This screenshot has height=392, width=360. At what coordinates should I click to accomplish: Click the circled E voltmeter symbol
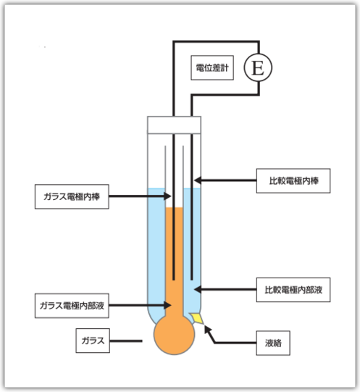click(x=258, y=67)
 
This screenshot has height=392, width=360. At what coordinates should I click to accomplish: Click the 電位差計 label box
click(x=212, y=67)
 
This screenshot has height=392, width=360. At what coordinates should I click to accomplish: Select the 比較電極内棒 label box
click(x=293, y=180)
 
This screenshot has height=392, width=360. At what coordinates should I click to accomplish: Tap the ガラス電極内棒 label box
click(x=72, y=196)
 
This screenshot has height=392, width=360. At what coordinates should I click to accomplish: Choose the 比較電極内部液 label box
click(x=293, y=290)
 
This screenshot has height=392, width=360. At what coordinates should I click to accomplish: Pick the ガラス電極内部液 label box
click(x=72, y=306)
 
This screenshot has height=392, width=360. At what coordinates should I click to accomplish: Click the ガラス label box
click(x=93, y=341)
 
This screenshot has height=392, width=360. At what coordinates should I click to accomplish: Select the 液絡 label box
click(x=273, y=343)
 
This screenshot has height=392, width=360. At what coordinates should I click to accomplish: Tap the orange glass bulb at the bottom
click(x=174, y=335)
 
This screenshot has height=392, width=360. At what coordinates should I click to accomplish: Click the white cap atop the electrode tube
click(x=174, y=125)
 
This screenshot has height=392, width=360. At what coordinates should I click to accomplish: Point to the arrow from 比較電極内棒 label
click(x=225, y=180)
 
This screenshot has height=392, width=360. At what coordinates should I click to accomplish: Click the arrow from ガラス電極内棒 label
click(x=140, y=196)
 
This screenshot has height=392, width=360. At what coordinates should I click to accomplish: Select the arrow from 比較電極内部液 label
click(x=225, y=290)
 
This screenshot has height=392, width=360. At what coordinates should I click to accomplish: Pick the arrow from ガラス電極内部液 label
click(x=140, y=305)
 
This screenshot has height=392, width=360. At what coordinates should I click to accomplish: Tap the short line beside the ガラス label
click(x=126, y=341)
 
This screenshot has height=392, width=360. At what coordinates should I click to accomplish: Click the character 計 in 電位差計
click(x=225, y=68)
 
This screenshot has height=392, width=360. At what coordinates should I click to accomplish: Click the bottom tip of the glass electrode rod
click(x=174, y=280)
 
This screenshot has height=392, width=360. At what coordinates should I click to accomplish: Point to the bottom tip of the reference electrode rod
click(x=192, y=280)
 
